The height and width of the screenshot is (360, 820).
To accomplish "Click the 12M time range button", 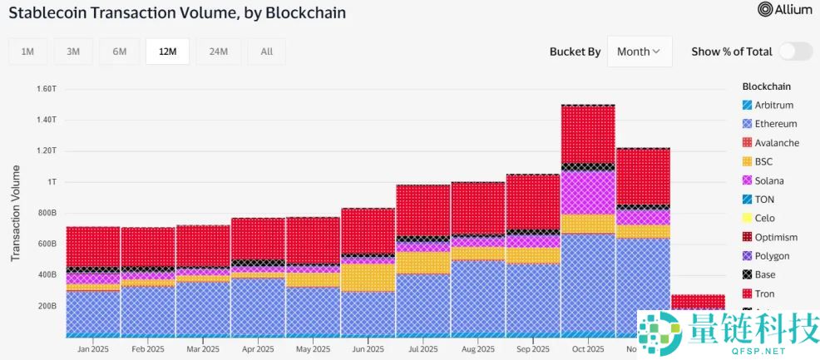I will [167, 52].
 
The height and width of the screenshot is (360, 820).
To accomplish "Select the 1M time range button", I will [27, 52].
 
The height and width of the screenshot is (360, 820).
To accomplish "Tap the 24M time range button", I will [218, 52].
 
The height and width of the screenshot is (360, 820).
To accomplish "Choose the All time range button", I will [266, 52].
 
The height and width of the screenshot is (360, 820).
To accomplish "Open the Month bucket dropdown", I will [639, 52].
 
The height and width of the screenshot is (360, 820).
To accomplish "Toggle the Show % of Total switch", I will [795, 52].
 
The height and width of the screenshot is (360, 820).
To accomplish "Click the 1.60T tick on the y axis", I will [46, 88].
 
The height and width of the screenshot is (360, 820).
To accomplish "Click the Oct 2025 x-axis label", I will [587, 349].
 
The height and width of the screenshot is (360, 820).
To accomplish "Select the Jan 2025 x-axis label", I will [93, 349].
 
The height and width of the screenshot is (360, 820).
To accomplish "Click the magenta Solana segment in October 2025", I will [588, 193].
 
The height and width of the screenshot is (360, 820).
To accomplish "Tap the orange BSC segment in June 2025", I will [368, 277].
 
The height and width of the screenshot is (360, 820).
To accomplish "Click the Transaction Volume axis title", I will [16, 213].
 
